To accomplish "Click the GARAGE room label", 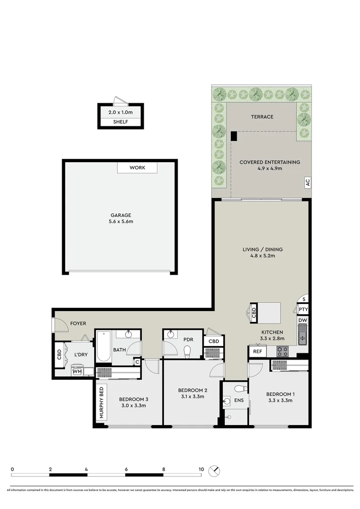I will point(121,214).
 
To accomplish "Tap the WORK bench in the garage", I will point(138,168).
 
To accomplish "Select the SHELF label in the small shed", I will point(120,123).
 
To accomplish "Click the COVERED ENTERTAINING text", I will point(270,162).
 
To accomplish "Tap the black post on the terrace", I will point(234,136).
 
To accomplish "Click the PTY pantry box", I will point(303,310).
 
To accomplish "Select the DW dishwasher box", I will point(303,320).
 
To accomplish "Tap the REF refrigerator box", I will point(257,351).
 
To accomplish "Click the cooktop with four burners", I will point(282,351).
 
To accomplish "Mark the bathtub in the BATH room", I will point(103,346).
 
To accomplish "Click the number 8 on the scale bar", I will point(164,469).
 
